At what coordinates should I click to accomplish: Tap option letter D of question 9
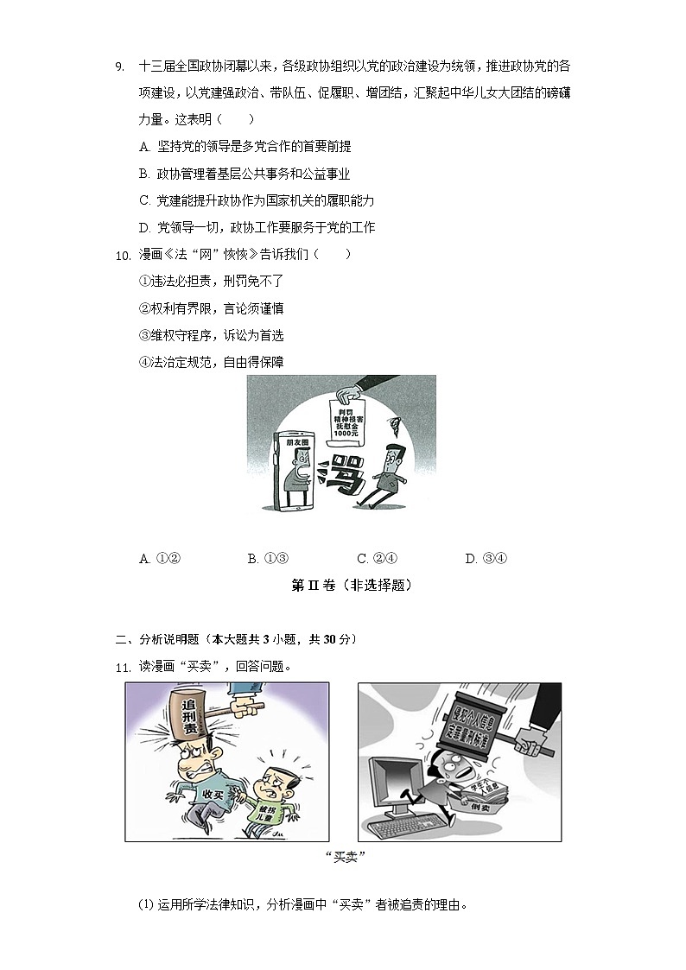pyautogui.click(x=144, y=228)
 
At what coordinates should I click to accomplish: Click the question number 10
pyautogui.click(x=122, y=255)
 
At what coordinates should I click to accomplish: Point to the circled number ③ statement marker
pyautogui.click(x=144, y=335)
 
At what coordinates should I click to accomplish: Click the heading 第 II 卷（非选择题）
pyautogui.click(x=352, y=586)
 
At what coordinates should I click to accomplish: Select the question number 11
pyautogui.click(x=122, y=667)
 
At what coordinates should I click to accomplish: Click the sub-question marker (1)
pyautogui.click(x=146, y=906)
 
